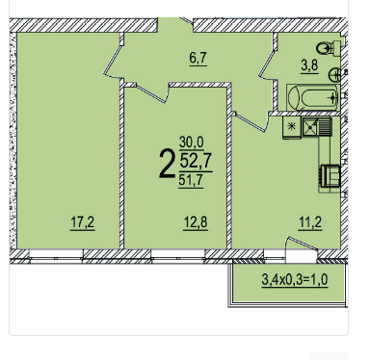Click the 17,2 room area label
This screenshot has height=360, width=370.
click(83, 222)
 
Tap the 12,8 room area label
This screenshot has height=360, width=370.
click(196, 222)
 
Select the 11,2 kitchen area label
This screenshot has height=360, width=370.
click(310, 222)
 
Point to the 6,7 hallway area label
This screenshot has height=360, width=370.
click(198, 59)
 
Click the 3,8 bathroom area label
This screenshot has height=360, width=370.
click(309, 65)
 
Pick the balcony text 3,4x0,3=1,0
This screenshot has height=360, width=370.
click(295, 279)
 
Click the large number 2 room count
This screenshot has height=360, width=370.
click(168, 165)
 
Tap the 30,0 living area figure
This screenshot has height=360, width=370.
click(192, 142)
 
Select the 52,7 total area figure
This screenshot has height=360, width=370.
click(196, 161)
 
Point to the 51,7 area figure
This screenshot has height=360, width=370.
click(191, 180)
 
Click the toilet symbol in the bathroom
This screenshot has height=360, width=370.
click(329, 48)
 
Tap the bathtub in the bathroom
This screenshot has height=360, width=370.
click(313, 97)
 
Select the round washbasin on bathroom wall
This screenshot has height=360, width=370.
click(334, 75)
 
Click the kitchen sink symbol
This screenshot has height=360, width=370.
click(317, 127)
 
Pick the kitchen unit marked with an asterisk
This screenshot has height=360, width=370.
click(292, 127)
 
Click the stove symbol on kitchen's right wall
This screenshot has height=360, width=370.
click(330, 175)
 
